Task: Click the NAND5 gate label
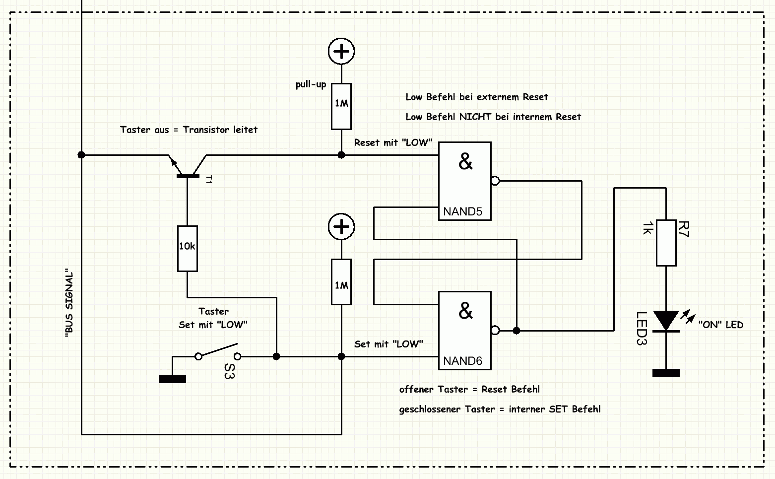(462, 211)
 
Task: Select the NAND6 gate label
(462, 361)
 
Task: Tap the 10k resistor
(187, 249)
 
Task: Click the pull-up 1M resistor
(341, 106)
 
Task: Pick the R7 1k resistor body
(666, 243)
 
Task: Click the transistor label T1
(208, 179)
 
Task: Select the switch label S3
(229, 371)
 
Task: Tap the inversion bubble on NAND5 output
(495, 181)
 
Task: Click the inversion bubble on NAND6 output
(495, 330)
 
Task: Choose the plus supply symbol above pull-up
(341, 51)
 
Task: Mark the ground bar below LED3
(666, 373)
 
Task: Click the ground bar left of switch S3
(172, 379)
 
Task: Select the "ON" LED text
(721, 325)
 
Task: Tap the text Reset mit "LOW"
(393, 142)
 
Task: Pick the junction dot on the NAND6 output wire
(517, 331)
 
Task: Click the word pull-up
(311, 85)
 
